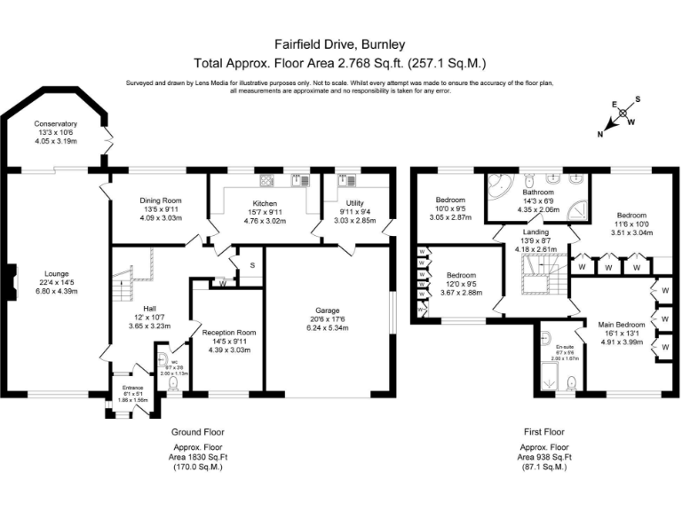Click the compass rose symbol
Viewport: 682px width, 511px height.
(625, 114)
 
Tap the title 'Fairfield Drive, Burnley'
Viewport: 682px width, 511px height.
(340, 43)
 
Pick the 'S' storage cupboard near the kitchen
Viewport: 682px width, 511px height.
(252, 265)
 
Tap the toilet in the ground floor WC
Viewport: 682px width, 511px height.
(171, 383)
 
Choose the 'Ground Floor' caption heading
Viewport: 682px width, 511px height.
(196, 431)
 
